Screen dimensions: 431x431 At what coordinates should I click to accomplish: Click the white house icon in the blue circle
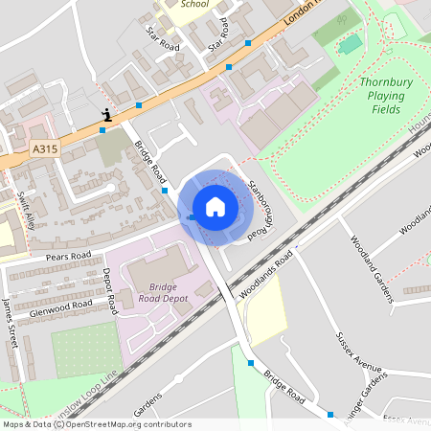pos(215,206)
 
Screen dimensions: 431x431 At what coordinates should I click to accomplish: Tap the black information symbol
pos(106,115)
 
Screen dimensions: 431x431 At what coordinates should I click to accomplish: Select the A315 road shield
pos(44,149)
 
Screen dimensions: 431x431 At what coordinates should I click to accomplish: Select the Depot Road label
pos(109,291)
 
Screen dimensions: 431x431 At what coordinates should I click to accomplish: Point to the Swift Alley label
pos(25,211)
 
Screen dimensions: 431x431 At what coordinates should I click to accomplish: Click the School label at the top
pos(193,4)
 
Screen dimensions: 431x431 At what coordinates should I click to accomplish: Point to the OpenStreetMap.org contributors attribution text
pos(125,423)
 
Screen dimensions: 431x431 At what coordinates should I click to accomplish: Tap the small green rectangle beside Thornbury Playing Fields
pos(351,43)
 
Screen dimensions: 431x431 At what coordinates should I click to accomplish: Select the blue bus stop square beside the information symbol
pos(102,130)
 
